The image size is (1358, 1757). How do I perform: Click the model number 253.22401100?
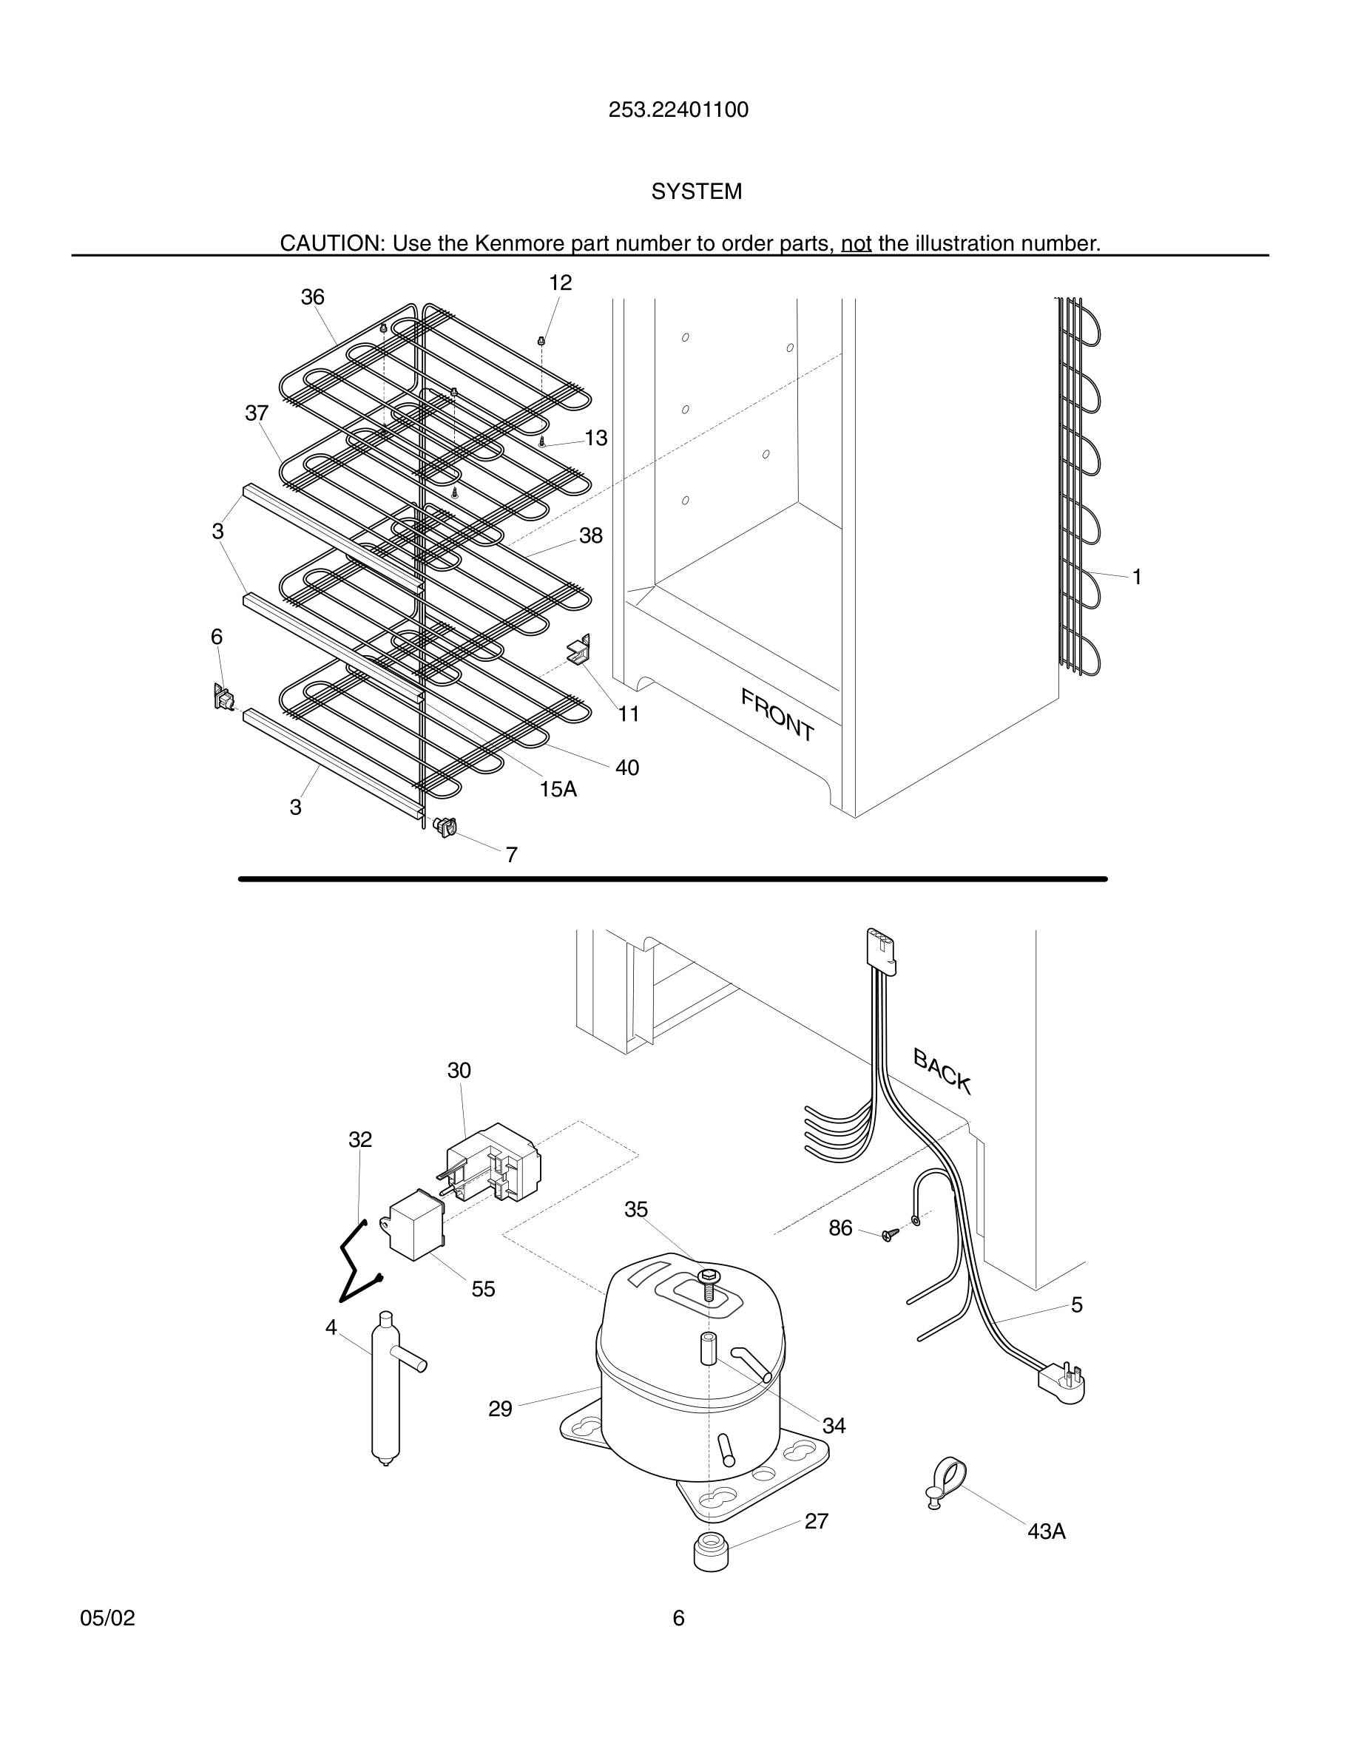(x=678, y=110)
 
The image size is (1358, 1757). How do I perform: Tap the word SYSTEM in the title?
(x=696, y=192)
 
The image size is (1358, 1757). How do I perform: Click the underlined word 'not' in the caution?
(x=856, y=243)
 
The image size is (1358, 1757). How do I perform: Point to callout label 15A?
(x=558, y=789)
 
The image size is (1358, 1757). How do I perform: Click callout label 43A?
(x=1046, y=1531)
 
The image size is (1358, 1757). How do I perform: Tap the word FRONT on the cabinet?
(x=777, y=714)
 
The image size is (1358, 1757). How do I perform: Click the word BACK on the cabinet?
(x=942, y=1072)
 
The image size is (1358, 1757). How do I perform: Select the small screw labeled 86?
(x=888, y=1235)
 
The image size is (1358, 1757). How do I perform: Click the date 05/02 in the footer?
(x=108, y=1619)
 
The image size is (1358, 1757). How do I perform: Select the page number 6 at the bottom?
(x=678, y=1619)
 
